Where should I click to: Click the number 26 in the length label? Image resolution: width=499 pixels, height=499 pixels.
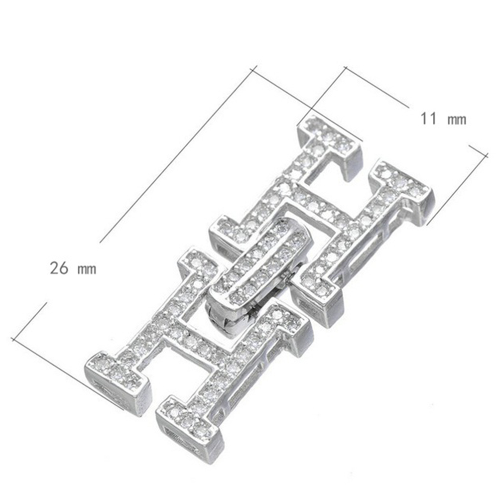(x=59, y=268)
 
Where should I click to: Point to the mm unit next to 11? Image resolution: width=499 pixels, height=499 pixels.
(x=457, y=120)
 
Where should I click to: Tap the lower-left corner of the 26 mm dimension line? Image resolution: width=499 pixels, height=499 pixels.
(x=13, y=339)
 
